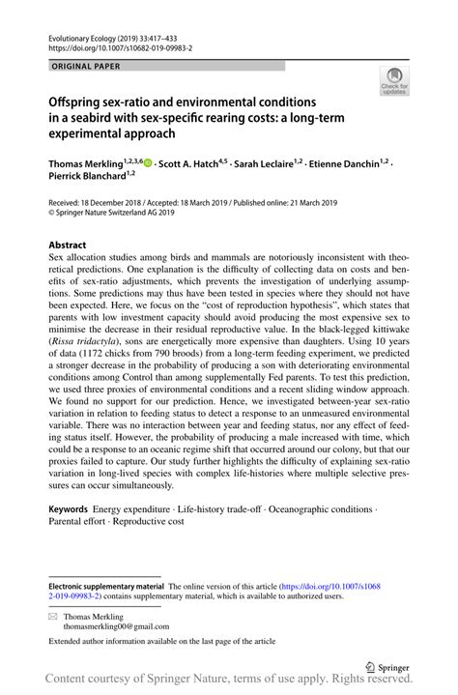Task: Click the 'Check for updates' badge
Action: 393,82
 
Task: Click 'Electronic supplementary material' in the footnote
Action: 106,586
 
